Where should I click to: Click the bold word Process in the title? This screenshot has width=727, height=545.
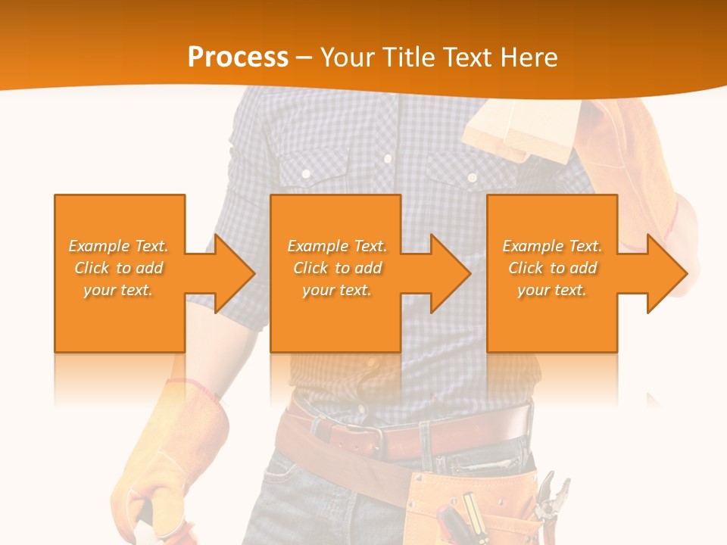[x=238, y=57]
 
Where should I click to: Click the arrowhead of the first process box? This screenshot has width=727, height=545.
[x=235, y=273]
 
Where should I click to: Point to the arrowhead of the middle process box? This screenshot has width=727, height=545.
[x=451, y=273]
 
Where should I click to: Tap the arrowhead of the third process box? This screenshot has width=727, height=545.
[x=667, y=273]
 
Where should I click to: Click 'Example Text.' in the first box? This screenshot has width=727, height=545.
[x=119, y=246]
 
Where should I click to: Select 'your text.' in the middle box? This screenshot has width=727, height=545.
[x=336, y=290]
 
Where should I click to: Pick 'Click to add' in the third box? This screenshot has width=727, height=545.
[x=552, y=268]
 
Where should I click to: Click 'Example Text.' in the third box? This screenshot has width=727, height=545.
[x=552, y=246]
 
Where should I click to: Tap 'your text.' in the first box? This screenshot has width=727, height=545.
[x=119, y=290]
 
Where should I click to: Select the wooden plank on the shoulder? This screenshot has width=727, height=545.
[x=523, y=129]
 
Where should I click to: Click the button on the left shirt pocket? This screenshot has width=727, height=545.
[x=306, y=174]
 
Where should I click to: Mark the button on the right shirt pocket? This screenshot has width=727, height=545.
[x=471, y=177]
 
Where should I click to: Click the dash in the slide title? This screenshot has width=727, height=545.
[x=304, y=58]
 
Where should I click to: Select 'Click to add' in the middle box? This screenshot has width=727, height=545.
[x=336, y=268]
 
